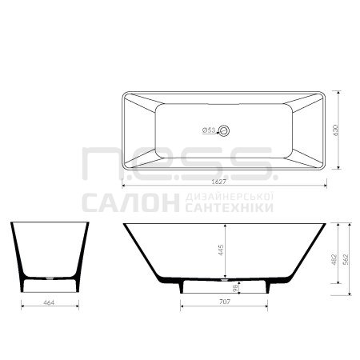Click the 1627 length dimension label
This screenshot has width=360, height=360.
218,182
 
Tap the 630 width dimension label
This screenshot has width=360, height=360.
335,130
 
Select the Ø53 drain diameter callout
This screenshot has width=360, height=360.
209,130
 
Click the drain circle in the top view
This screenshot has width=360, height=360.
224,130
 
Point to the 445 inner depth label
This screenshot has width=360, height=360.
221,250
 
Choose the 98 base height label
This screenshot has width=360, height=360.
235,288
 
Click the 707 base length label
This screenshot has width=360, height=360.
225,302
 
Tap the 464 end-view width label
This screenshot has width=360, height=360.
49,302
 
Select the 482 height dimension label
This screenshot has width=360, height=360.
334,260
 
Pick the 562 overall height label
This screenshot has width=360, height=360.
346,260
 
